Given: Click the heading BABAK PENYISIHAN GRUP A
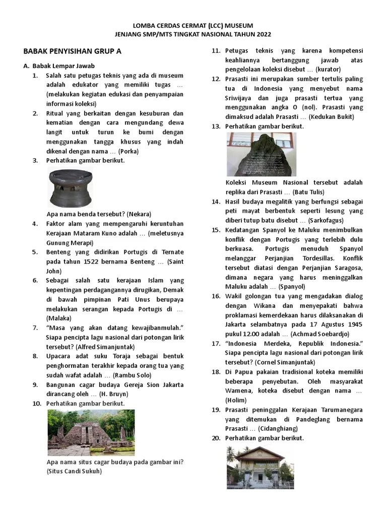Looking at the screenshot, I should (73, 51).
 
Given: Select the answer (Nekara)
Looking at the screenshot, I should (139, 214).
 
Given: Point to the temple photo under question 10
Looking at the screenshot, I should (91, 432).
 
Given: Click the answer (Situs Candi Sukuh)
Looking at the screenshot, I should (74, 471).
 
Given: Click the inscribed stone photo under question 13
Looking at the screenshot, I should (261, 154).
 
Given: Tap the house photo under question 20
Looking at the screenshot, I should (260, 467).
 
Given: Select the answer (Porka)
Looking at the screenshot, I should (128, 151).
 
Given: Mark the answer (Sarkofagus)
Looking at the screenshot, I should (325, 220).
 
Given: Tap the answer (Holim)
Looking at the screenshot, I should (236, 400).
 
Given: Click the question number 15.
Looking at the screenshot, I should (216, 230).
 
